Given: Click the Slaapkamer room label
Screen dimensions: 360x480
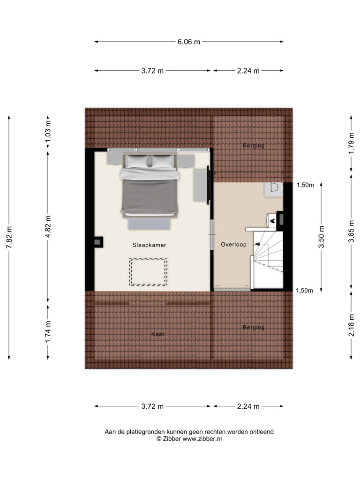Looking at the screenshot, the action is [x=149, y=245].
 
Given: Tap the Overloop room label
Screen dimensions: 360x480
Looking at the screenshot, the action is [x=233, y=244].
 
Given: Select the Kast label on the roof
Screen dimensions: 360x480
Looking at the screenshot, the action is [x=157, y=334].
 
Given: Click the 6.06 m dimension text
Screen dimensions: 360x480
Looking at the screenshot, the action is [x=188, y=42].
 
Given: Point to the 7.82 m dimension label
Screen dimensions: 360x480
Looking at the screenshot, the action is [x=9, y=238].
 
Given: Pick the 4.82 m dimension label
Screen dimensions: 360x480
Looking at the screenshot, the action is [x=48, y=226].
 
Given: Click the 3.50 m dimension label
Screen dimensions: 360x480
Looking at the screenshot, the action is [x=322, y=237].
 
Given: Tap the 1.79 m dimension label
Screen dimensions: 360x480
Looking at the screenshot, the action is [x=351, y=143].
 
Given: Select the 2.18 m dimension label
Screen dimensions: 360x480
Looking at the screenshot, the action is [x=351, y=325].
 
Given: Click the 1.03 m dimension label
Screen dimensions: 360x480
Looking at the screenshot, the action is [x=48, y=131].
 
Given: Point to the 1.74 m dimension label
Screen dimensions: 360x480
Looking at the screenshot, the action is [x=48, y=332].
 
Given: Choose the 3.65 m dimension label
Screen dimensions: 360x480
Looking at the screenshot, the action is [x=351, y=232].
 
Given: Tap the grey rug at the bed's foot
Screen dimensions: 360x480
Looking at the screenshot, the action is [x=149, y=224].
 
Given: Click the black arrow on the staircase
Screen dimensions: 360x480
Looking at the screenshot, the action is [x=257, y=244].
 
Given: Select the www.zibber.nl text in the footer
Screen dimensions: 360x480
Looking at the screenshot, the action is [x=202, y=439].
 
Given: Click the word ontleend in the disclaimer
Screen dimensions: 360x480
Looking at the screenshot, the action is [x=262, y=432].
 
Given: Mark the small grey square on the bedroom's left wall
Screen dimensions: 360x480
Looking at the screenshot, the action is [x=97, y=242].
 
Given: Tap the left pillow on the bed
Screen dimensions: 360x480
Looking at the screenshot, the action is [x=137, y=161].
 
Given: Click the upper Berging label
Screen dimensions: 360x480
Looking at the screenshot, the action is [x=254, y=145].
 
